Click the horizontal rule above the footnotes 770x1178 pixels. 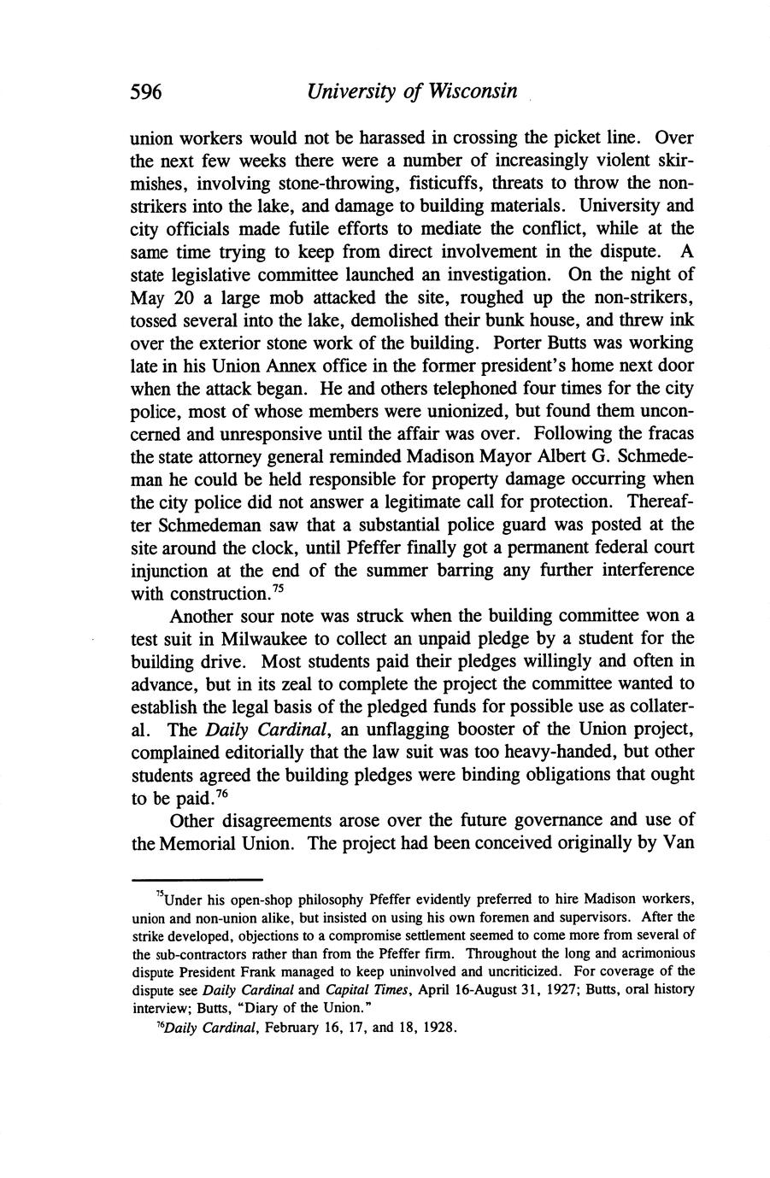196,879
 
